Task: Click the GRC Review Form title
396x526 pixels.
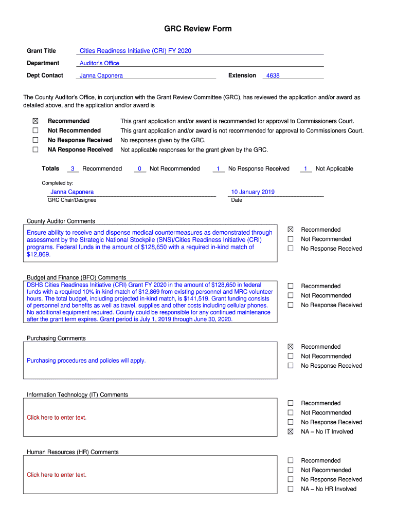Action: click(197, 29)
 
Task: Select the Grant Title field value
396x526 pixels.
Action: click(135, 51)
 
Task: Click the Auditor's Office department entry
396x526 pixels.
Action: click(99, 63)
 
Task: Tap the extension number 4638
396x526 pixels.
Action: click(273, 76)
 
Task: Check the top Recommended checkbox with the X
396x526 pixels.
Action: click(35, 121)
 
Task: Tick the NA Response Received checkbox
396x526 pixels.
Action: click(35, 149)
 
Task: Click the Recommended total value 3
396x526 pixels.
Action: click(73, 169)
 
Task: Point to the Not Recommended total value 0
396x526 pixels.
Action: click(139, 169)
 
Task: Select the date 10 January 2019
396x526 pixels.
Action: click(253, 192)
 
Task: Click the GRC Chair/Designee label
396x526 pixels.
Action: click(72, 200)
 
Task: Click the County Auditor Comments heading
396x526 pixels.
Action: click(61, 221)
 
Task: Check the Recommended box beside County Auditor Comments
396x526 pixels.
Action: click(291, 230)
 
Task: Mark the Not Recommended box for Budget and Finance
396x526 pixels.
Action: click(291, 295)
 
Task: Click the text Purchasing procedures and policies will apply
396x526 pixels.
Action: click(86, 361)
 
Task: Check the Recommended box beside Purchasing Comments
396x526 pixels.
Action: click(291, 347)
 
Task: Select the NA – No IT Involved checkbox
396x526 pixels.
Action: click(291, 431)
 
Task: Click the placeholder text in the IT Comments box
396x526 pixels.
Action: click(57, 418)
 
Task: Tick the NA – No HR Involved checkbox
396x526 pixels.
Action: click(291, 489)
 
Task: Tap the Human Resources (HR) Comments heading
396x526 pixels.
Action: click(73, 453)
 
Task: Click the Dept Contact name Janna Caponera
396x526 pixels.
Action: click(101, 76)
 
